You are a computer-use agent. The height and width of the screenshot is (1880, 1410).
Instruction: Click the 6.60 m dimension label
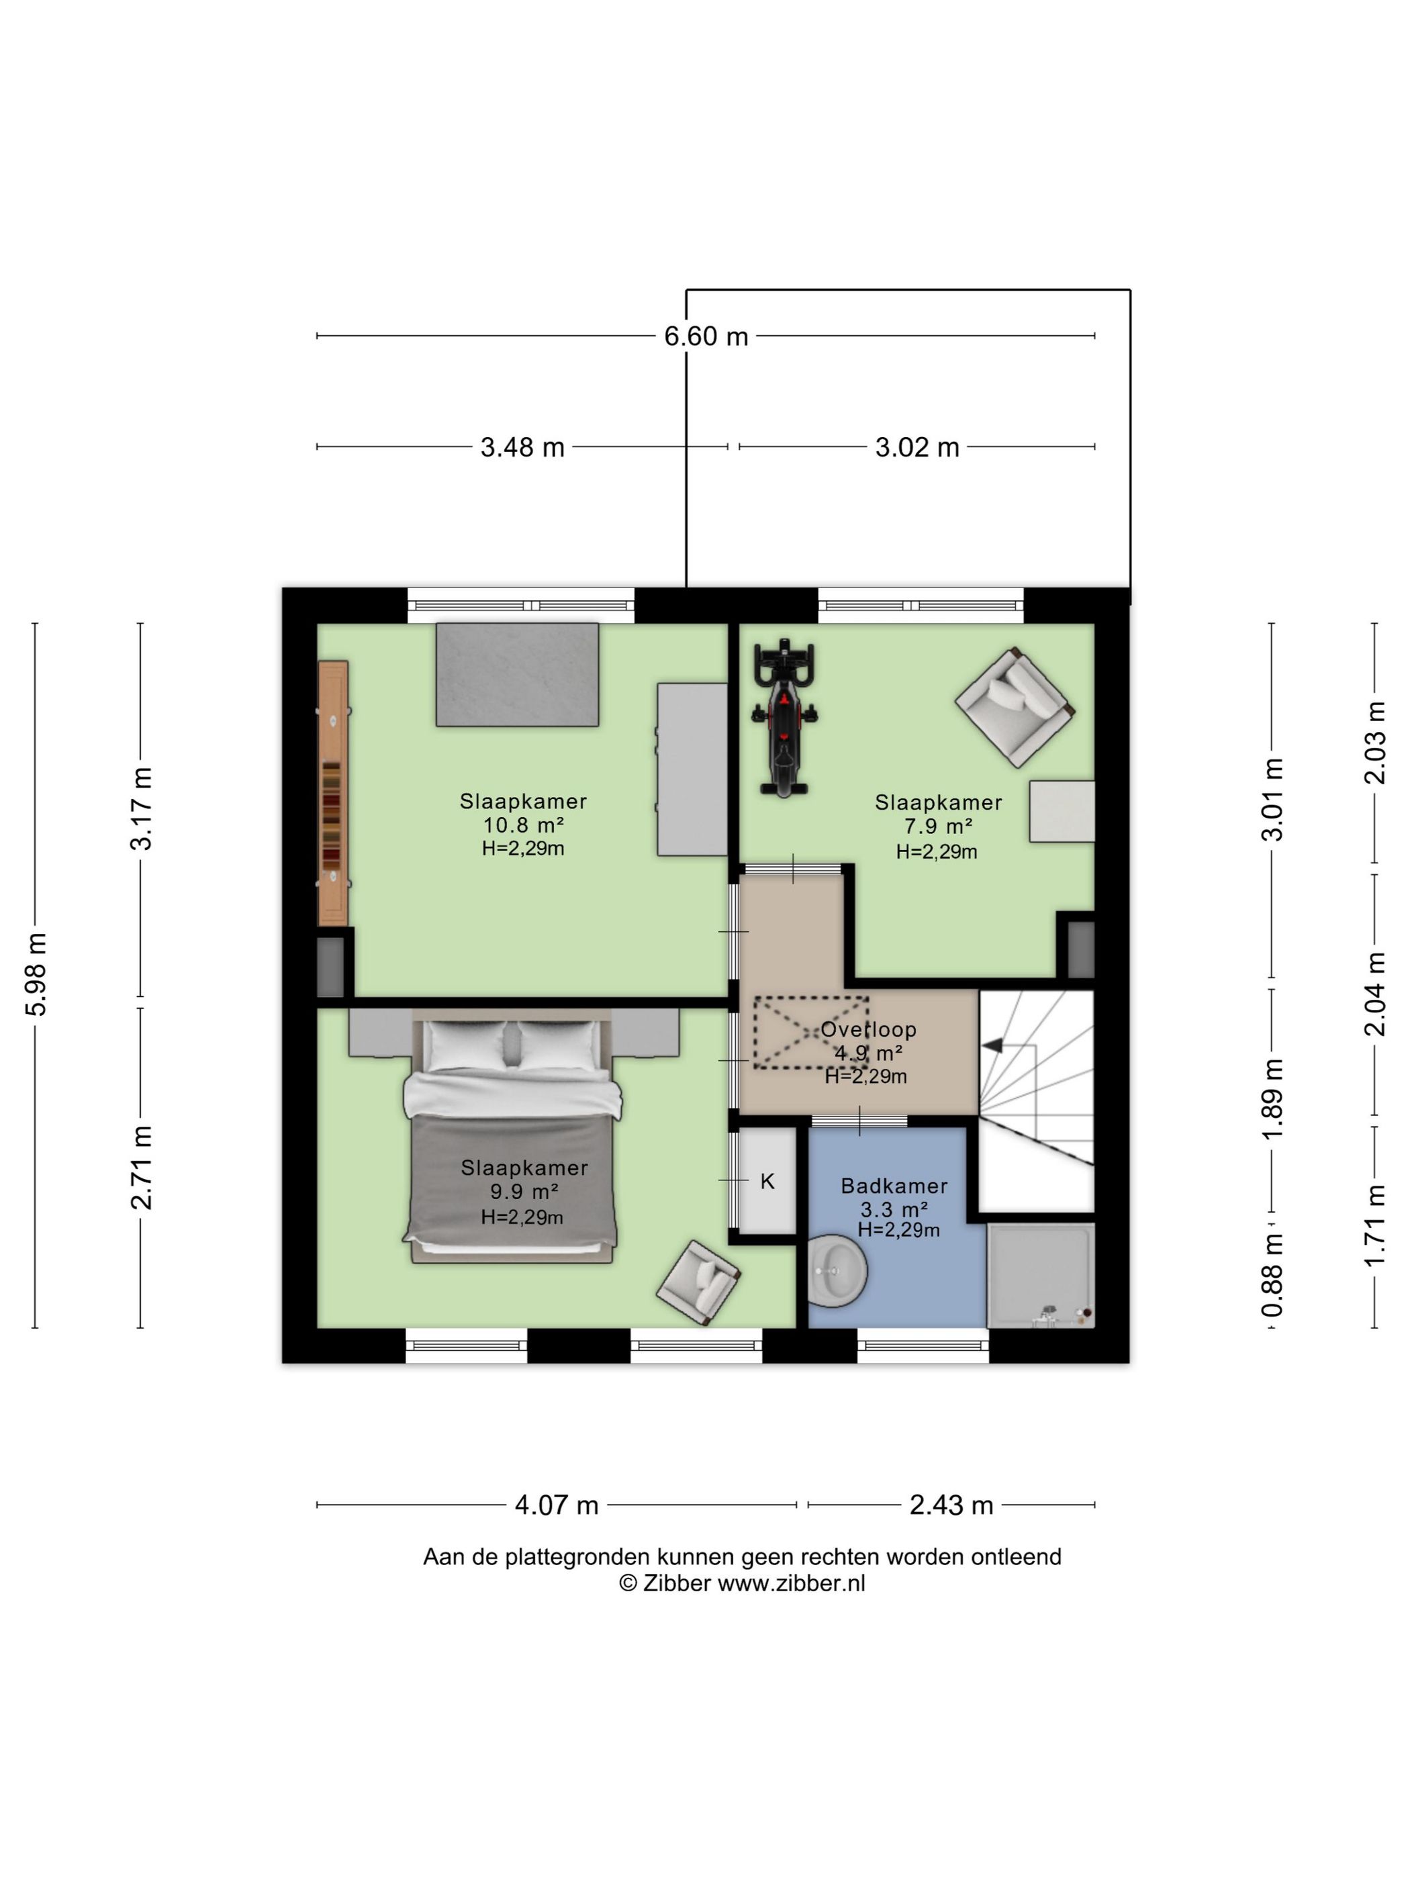point(706,336)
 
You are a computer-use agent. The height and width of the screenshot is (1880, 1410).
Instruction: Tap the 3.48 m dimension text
point(522,447)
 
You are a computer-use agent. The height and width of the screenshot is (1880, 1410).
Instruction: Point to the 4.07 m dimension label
point(557,1505)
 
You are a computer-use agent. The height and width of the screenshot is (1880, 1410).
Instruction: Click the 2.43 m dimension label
point(951,1505)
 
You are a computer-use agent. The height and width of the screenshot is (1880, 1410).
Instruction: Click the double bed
point(511,1136)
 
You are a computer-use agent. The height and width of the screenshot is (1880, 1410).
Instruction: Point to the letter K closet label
point(767,1181)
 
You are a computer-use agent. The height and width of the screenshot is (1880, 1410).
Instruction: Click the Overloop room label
point(867,1029)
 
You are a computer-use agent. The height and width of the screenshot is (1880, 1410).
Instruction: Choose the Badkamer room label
point(894,1186)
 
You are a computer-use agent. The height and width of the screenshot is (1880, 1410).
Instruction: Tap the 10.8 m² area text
point(524,825)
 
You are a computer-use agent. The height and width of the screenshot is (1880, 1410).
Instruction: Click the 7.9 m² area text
point(938,826)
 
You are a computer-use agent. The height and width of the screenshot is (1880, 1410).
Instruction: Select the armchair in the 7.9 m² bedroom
point(1014,706)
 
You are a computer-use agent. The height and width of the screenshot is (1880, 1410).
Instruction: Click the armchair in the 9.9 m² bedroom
point(698,1282)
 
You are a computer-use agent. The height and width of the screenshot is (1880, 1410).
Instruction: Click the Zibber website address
point(791,1583)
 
